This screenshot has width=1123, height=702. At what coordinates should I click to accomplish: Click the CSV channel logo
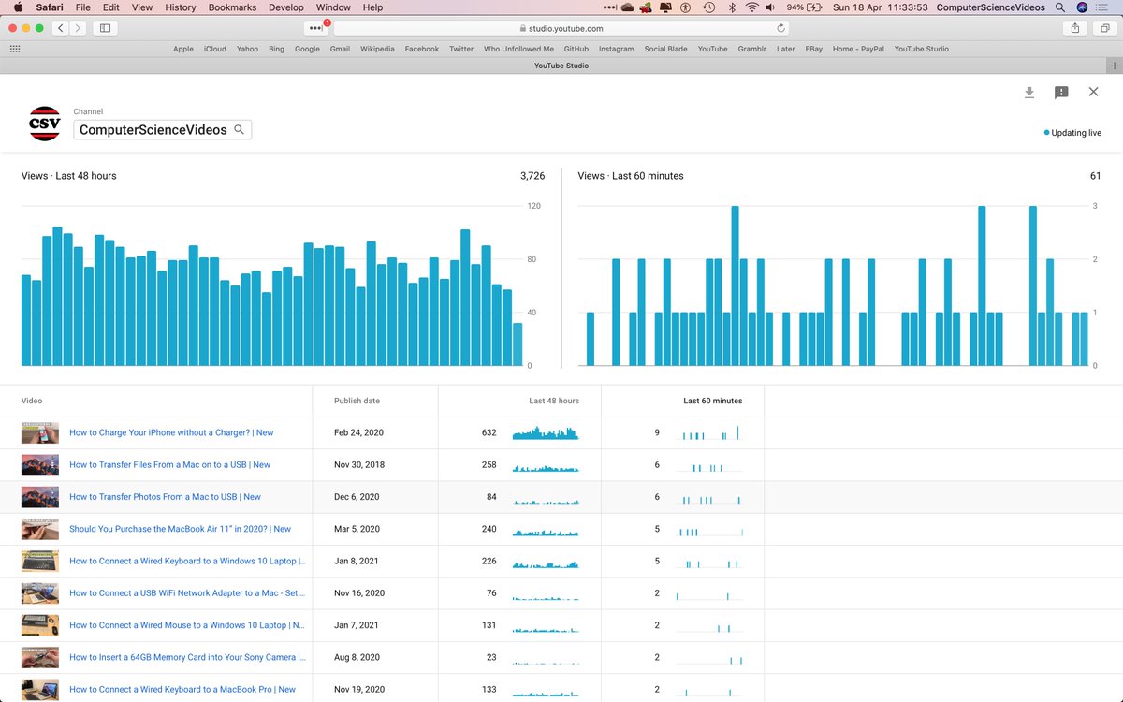(45, 124)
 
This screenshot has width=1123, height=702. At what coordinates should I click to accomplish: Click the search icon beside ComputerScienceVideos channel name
(240, 129)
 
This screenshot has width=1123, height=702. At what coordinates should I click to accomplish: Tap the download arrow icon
(1029, 93)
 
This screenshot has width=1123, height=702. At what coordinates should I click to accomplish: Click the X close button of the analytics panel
(1093, 92)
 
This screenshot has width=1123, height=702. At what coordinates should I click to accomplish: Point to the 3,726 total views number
(532, 176)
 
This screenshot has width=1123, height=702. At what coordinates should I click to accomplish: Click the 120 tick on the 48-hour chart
(534, 206)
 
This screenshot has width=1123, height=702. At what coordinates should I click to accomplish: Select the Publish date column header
(357, 401)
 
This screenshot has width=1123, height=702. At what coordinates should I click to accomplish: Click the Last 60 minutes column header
(712, 401)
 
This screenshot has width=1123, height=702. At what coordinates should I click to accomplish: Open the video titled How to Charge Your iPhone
(171, 432)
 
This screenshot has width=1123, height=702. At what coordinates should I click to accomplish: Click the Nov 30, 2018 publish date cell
(359, 465)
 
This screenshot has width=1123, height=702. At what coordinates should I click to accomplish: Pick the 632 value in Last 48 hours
(489, 432)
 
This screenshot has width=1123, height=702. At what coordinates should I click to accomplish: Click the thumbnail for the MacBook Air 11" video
(40, 529)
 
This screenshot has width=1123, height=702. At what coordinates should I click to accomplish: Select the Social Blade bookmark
(665, 49)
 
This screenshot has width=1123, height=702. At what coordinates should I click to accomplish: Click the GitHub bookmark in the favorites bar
(576, 49)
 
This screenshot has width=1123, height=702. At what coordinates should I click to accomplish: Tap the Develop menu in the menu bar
(285, 7)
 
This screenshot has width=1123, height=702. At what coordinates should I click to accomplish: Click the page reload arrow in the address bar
(780, 28)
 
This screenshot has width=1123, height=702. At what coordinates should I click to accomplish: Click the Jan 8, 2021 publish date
(357, 561)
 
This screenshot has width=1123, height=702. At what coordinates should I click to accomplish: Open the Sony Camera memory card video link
(187, 657)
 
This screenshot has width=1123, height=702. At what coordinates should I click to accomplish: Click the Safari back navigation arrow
(61, 28)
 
